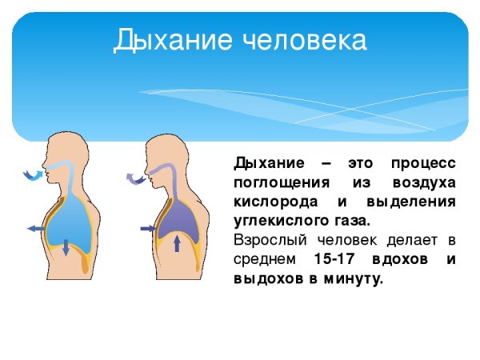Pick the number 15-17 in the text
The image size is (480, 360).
tap(337, 260)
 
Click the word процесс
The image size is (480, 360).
tap(424, 163)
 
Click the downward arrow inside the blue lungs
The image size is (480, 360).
tap(66, 247)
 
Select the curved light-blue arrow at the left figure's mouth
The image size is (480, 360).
tap(33, 174)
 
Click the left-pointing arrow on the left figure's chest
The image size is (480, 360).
tap(35, 229)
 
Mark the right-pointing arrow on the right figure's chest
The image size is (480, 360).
tap(148, 229)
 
